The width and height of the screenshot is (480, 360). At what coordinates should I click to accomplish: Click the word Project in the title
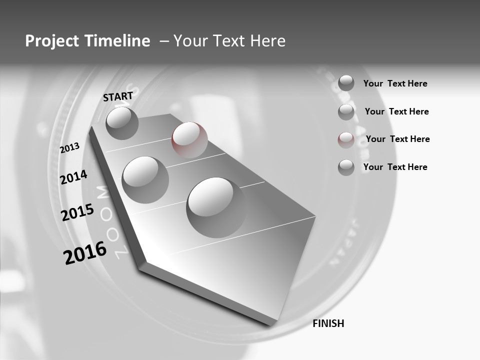click(x=52, y=41)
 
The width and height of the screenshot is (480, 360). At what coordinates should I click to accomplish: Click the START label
click(x=118, y=96)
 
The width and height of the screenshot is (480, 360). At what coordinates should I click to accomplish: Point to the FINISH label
click(x=328, y=323)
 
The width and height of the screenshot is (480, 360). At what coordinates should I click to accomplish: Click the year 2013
click(x=70, y=147)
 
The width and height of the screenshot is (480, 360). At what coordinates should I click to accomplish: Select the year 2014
click(x=73, y=177)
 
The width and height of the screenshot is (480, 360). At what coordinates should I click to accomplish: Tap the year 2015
click(x=77, y=212)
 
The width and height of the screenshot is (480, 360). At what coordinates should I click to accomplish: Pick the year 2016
click(x=85, y=252)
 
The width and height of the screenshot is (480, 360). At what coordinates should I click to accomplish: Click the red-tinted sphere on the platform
click(x=189, y=140)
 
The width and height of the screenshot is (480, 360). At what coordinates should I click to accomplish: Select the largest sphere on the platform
click(x=216, y=207)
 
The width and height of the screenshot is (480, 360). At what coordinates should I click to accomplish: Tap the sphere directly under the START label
click(x=122, y=123)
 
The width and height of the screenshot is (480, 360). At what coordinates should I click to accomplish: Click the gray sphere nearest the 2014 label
click(x=145, y=179)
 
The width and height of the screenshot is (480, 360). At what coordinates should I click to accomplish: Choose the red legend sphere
click(x=346, y=139)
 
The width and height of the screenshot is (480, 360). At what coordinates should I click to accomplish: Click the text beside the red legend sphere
click(x=397, y=139)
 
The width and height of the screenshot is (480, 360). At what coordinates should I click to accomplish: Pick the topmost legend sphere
click(x=346, y=83)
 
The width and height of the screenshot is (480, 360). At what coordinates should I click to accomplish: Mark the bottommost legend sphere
click(x=346, y=167)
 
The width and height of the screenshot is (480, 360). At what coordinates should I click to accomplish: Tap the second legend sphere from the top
click(x=346, y=112)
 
